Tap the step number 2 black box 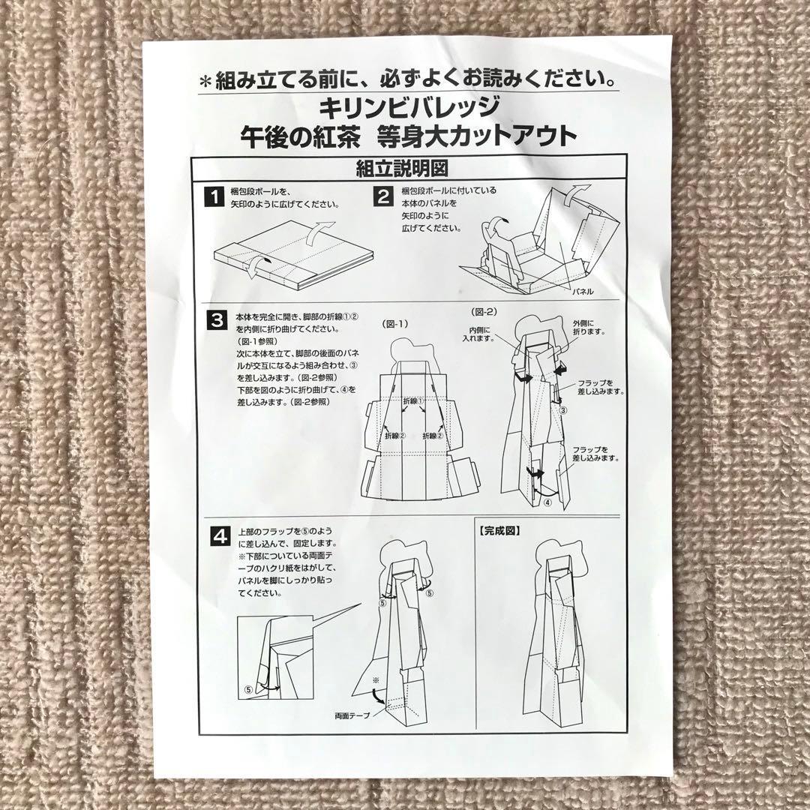[383, 197]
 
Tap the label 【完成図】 [499, 529]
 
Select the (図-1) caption [394, 325]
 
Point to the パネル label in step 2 [583, 289]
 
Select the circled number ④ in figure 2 [547, 502]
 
